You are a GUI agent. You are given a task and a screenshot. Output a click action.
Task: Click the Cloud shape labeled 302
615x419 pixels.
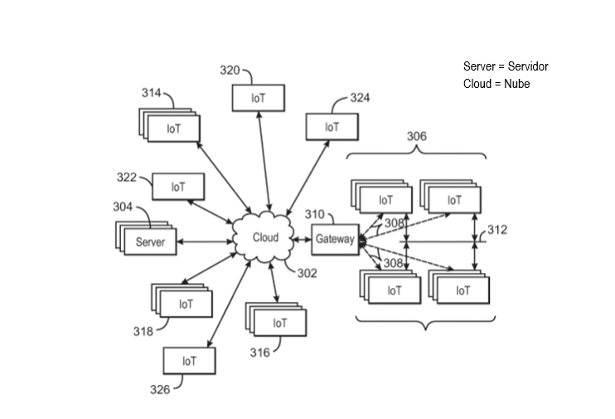pos(265,238)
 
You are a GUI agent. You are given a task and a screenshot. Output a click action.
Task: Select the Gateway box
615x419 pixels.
pos(335,240)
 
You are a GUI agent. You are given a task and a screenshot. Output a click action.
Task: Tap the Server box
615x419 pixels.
pos(150,242)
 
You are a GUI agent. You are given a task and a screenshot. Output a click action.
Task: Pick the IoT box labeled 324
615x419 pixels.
pos(332,127)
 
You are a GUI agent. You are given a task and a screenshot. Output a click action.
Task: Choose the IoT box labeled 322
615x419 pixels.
pos(178,187)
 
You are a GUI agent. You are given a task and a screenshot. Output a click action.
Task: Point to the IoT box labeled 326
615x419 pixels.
pos(190,361)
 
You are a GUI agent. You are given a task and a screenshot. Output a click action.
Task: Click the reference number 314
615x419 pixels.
pos(151,94)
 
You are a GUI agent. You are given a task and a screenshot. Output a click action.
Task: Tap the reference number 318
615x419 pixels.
pos(143,332)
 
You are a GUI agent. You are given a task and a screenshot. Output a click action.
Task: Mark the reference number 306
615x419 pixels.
pos(416,136)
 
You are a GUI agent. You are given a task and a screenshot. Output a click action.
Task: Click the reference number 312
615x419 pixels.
pos(497,230)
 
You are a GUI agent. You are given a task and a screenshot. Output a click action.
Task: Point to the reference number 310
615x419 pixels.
pos(314,215)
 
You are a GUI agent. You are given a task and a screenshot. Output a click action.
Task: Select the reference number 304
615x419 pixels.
pos(123,207)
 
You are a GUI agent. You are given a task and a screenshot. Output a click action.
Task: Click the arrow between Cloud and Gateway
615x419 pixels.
pos(299,239)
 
